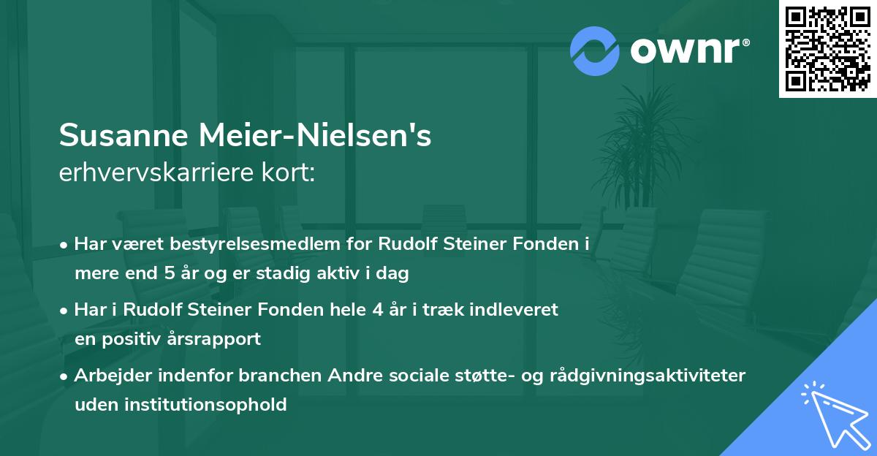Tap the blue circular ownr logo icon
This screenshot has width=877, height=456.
(595, 50)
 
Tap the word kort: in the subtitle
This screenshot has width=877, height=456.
(291, 173)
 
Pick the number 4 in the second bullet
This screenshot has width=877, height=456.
(377, 309)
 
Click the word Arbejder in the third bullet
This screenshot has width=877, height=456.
(107, 375)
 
